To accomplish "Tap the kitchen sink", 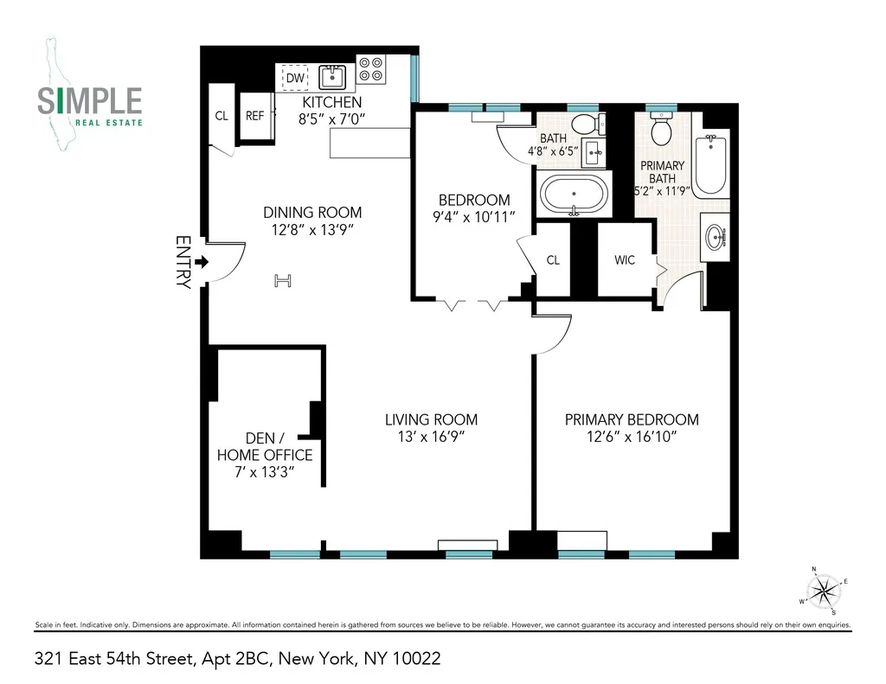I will (x=332, y=78).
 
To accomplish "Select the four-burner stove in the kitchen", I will (x=371, y=69).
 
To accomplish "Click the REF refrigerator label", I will (x=254, y=115).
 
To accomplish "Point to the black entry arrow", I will (x=202, y=261).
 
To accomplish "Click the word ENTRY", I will (x=183, y=261).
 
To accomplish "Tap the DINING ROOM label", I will (x=312, y=213).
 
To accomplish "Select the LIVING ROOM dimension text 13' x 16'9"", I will (x=431, y=437).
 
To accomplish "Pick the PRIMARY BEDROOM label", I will (x=632, y=420).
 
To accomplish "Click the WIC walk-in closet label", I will (x=625, y=259).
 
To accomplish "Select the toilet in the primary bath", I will (x=662, y=131).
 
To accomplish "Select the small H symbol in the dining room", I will (x=282, y=279).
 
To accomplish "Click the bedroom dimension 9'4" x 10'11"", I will (x=472, y=217).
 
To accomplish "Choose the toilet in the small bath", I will (x=584, y=122).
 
